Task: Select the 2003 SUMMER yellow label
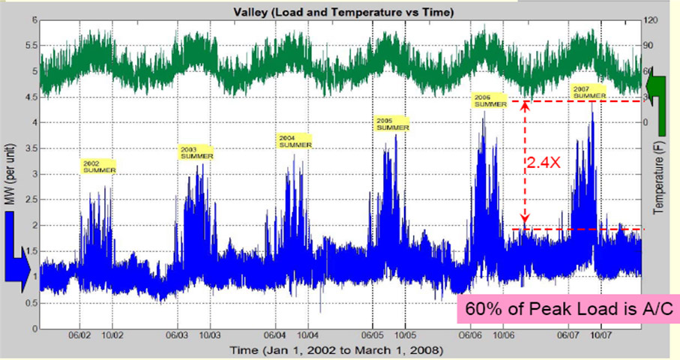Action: click(x=197, y=152)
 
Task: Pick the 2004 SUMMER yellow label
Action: click(x=295, y=141)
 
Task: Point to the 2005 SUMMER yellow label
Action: click(x=392, y=124)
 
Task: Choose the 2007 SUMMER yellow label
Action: click(x=589, y=92)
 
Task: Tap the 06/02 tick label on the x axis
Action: click(x=80, y=337)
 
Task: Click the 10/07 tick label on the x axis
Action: click(x=602, y=337)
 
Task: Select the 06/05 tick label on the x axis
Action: click(x=373, y=337)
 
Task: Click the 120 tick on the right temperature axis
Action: click(x=653, y=20)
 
